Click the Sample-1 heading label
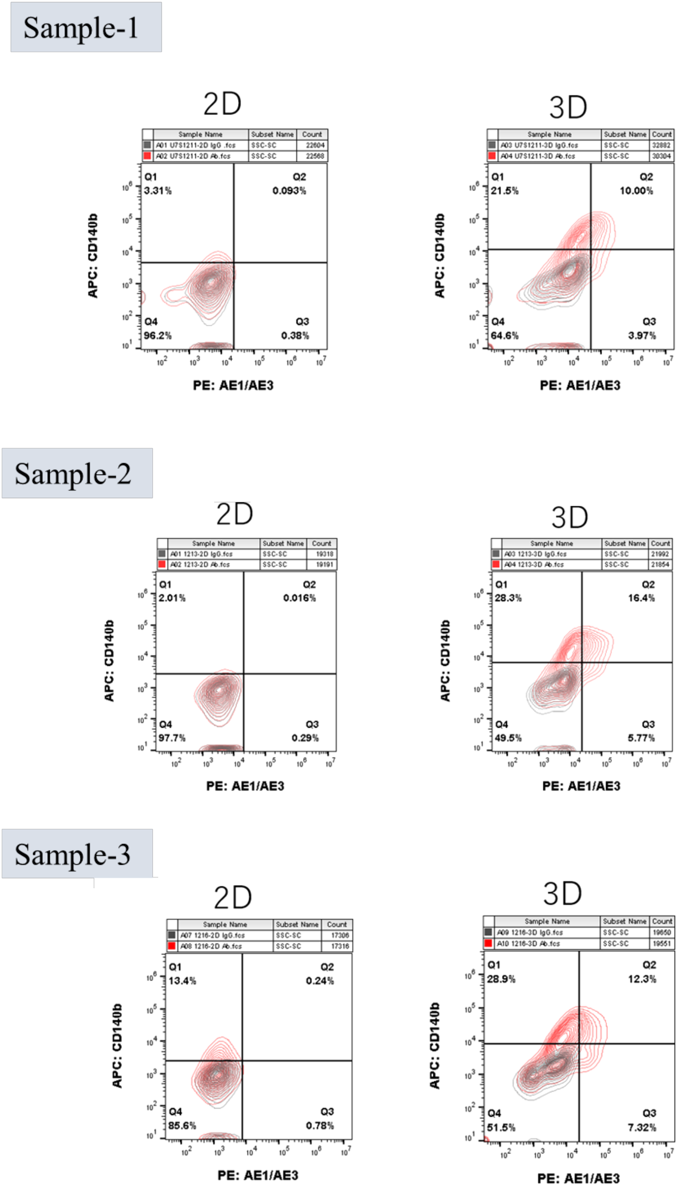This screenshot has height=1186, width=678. click(x=81, y=28)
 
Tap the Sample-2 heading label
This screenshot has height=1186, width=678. click(x=73, y=473)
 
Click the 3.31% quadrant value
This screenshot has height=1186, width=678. click(x=158, y=191)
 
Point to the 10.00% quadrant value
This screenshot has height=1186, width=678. click(x=636, y=191)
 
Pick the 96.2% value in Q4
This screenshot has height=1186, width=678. click(x=158, y=335)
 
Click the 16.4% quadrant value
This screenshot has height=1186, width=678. click(x=641, y=598)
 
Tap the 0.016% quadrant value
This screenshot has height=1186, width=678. click(x=300, y=598)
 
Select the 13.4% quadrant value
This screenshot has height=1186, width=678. click(x=183, y=981)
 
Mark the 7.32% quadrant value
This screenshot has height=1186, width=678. click(x=642, y=1127)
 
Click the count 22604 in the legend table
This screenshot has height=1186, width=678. click(x=315, y=145)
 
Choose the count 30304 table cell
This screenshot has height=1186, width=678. click(x=661, y=156)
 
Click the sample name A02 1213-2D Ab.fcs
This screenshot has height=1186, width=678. click(x=200, y=565)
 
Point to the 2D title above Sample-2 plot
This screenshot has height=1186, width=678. click(x=235, y=514)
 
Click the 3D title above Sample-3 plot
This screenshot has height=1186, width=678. click(x=562, y=894)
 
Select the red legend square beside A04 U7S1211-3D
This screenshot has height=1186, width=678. click(x=492, y=156)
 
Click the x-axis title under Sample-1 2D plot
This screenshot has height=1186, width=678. click(x=233, y=385)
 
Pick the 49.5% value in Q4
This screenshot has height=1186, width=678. click(x=508, y=738)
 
